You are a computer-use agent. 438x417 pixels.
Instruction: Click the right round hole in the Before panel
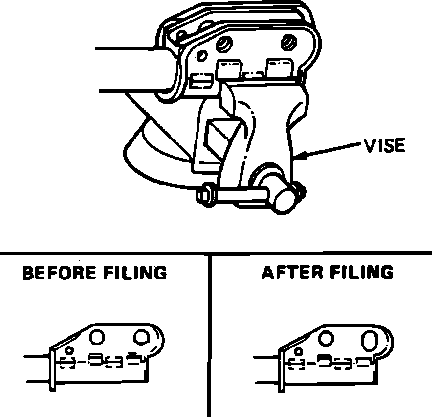[x=142, y=337]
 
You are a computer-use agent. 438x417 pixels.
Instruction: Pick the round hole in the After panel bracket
[x=327, y=337]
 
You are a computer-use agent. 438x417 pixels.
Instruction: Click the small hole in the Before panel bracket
[x=69, y=350]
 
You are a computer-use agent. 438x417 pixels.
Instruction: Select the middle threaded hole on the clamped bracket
[x=223, y=45]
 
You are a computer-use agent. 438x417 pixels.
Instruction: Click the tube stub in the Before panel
[x=37, y=368]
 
